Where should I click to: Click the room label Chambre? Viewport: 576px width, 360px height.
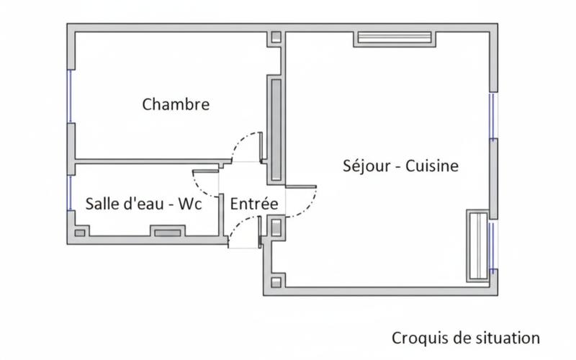coord(176,104)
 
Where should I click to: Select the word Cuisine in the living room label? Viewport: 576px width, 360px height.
coord(432,166)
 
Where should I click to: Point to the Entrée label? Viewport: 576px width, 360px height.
coord(253,204)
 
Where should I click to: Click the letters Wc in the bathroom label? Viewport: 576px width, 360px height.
coord(189,204)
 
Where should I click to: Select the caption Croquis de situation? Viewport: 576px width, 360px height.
coord(465,338)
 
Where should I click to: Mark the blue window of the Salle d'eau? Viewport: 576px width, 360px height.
coord(70,193)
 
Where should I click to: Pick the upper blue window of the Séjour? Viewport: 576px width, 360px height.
coord(492,116)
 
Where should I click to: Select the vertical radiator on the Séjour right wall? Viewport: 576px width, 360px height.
coord(477,247)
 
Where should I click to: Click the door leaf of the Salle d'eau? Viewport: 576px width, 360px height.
coord(206,171)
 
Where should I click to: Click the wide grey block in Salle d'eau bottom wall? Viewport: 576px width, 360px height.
coord(166,233)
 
